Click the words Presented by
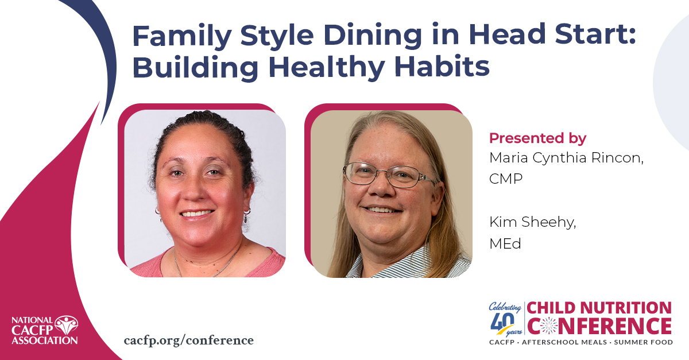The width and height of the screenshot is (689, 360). (537, 138)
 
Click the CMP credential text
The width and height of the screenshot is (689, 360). (506, 179)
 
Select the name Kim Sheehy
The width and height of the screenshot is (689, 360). (532, 222)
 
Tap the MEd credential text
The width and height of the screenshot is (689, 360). (505, 243)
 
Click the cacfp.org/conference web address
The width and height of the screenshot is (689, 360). (188, 340)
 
